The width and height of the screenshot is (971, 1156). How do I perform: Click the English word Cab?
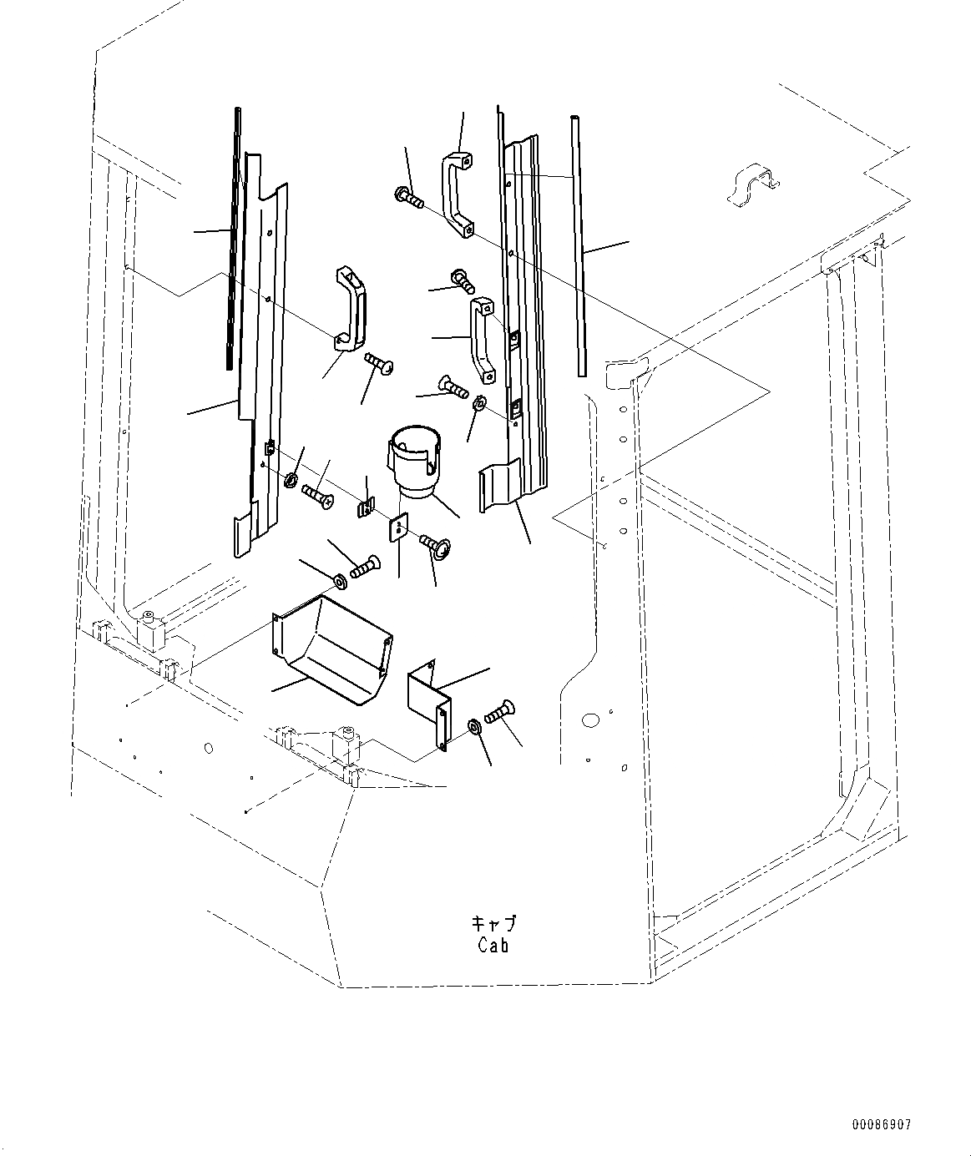493,946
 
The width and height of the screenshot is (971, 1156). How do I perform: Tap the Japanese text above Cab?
494,924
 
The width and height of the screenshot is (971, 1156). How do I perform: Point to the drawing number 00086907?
882,1126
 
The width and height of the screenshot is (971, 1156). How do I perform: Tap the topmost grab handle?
457,193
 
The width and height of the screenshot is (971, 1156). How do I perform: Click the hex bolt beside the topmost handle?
408,198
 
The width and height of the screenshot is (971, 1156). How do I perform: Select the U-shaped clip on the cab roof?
751,186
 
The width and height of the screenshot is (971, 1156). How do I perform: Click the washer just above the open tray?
341,579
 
